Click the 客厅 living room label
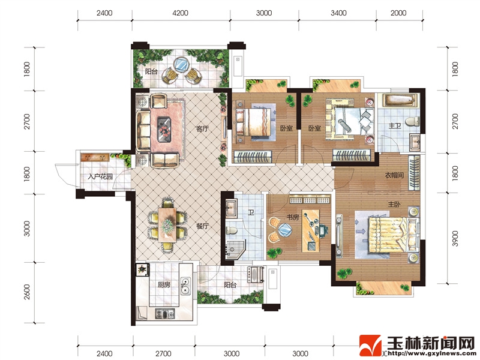(x=202, y=129)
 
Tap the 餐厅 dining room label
(x=202, y=226)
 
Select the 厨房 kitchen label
(x=164, y=284)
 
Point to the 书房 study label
(x=293, y=217)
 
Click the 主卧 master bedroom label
(x=394, y=204)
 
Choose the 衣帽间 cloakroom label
(x=394, y=175)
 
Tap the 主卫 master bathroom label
(x=395, y=126)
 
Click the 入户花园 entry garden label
(x=100, y=176)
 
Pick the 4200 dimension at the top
(x=181, y=13)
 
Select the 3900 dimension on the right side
(x=455, y=238)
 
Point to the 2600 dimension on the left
(x=27, y=292)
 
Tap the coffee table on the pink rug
(x=164, y=130)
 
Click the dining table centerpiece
(x=167, y=225)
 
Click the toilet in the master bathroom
(x=413, y=121)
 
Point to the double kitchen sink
(x=185, y=286)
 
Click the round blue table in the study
(x=284, y=230)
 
